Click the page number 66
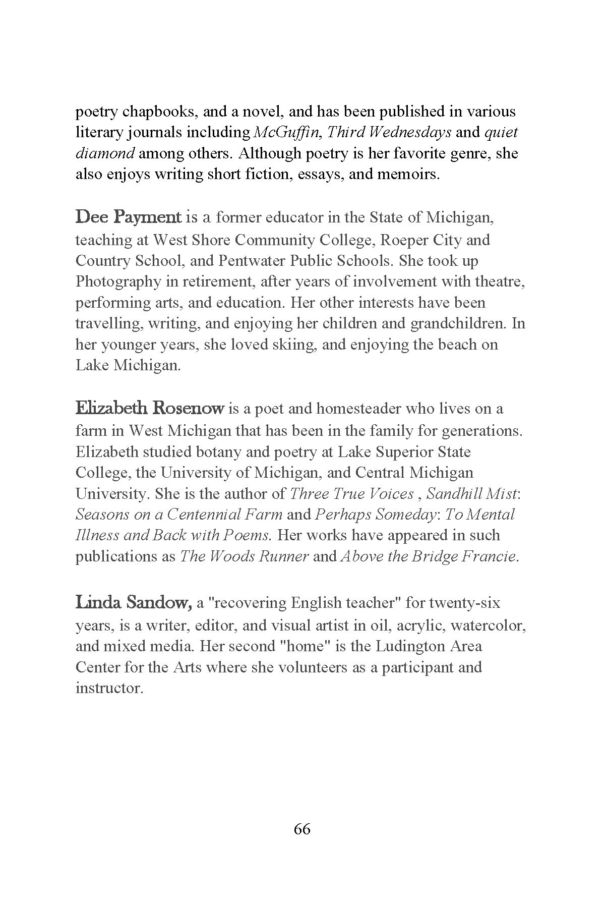click(x=302, y=829)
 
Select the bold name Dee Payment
click(x=128, y=218)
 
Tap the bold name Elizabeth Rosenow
click(x=149, y=408)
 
